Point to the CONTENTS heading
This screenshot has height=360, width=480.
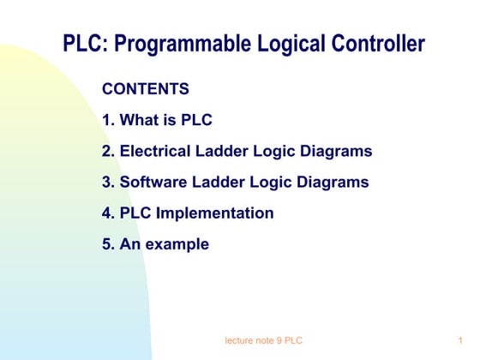[145, 89]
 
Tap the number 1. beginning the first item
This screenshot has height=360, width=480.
[109, 120]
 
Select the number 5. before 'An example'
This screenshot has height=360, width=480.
[109, 244]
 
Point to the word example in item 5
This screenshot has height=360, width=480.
[177, 244]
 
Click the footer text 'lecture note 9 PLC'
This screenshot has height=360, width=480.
[263, 341]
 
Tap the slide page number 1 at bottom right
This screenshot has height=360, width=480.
[460, 341]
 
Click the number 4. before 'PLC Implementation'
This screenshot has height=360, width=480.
[109, 213]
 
